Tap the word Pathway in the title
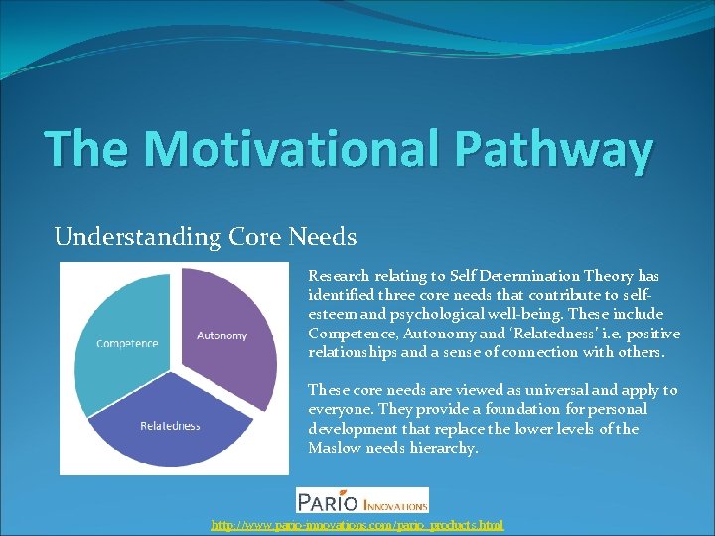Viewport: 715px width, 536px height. pyautogui.click(x=555, y=149)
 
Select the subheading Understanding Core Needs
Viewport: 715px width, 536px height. pyautogui.click(x=206, y=237)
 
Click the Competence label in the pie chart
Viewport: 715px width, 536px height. pyautogui.click(x=127, y=344)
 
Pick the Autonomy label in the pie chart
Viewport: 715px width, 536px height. pyautogui.click(x=222, y=335)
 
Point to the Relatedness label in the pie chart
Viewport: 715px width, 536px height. pyautogui.click(x=170, y=426)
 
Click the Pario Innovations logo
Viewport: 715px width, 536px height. pyautogui.click(x=362, y=500)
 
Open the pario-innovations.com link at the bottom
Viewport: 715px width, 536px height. pyautogui.click(x=357, y=524)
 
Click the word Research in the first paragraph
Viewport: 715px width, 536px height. pyautogui.click(x=341, y=276)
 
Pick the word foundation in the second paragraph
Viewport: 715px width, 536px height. pyautogui.click(x=517, y=409)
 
